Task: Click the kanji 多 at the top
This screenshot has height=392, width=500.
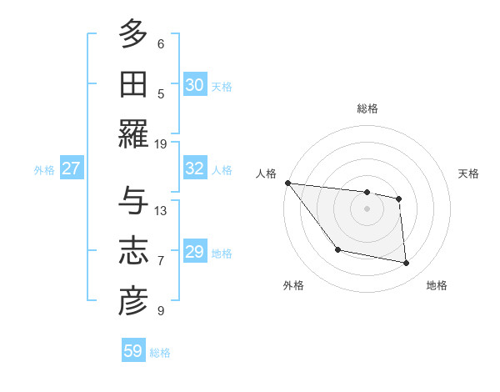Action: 133,35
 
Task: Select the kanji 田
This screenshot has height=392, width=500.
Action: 133,84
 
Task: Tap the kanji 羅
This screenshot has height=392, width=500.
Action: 133,134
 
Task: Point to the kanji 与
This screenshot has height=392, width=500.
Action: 133,201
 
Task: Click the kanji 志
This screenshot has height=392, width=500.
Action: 133,251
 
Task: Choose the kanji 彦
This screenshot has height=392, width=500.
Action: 133,301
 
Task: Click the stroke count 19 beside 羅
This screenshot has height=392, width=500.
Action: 161,143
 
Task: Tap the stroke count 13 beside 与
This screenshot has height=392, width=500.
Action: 161,210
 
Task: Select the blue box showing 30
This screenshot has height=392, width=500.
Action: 195,85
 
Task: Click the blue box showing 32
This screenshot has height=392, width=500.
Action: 195,168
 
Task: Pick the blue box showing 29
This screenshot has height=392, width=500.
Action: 195,252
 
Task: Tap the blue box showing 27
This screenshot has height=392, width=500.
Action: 72,168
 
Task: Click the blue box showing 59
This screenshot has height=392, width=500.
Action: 133,351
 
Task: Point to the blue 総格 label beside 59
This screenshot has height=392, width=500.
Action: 160,353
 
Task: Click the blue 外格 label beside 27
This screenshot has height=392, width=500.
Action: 44,170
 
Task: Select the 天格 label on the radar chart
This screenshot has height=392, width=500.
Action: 469,173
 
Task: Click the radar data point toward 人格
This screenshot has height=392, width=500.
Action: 287,183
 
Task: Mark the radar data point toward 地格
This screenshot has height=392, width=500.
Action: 407,264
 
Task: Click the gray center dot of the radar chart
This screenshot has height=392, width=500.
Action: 367,209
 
